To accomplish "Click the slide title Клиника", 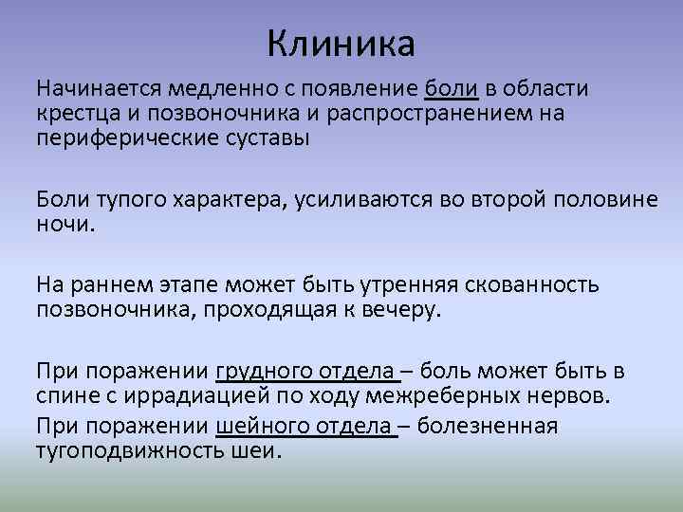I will point(341,43).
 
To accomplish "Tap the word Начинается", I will point(99,90).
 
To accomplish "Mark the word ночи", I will point(65,223).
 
